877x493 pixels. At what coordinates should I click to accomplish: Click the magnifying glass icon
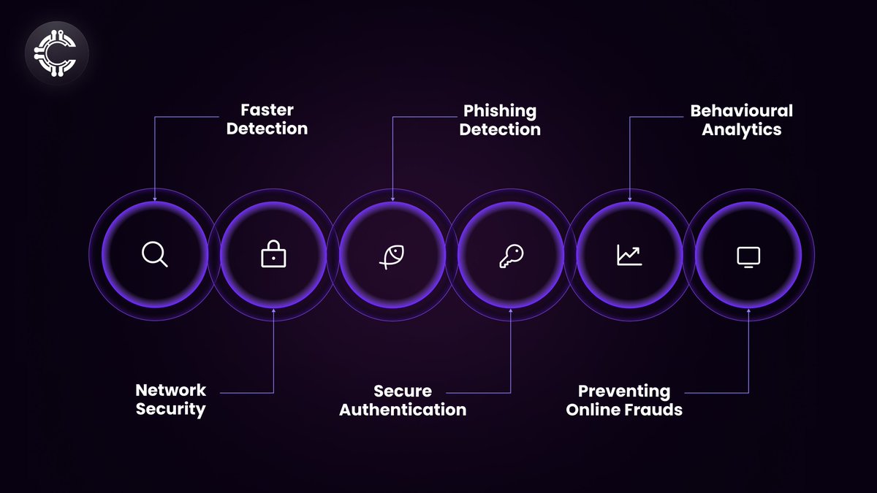click(154, 255)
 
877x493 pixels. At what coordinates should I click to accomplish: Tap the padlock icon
click(273, 255)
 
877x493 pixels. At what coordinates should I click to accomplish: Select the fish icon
click(392, 256)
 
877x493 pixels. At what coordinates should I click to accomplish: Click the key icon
click(511, 255)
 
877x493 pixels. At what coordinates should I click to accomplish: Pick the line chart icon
click(629, 255)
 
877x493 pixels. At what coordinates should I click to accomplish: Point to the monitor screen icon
click(748, 256)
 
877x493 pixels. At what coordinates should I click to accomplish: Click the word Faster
click(267, 110)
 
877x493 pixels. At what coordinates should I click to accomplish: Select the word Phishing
click(500, 111)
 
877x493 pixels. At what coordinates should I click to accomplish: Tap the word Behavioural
click(741, 111)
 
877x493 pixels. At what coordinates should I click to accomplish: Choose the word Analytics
click(741, 130)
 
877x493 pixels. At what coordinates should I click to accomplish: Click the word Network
click(171, 390)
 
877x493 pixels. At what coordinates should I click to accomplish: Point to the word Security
click(170, 409)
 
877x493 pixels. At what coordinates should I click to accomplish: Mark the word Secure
click(403, 391)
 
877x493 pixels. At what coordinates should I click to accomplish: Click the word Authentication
click(403, 410)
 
